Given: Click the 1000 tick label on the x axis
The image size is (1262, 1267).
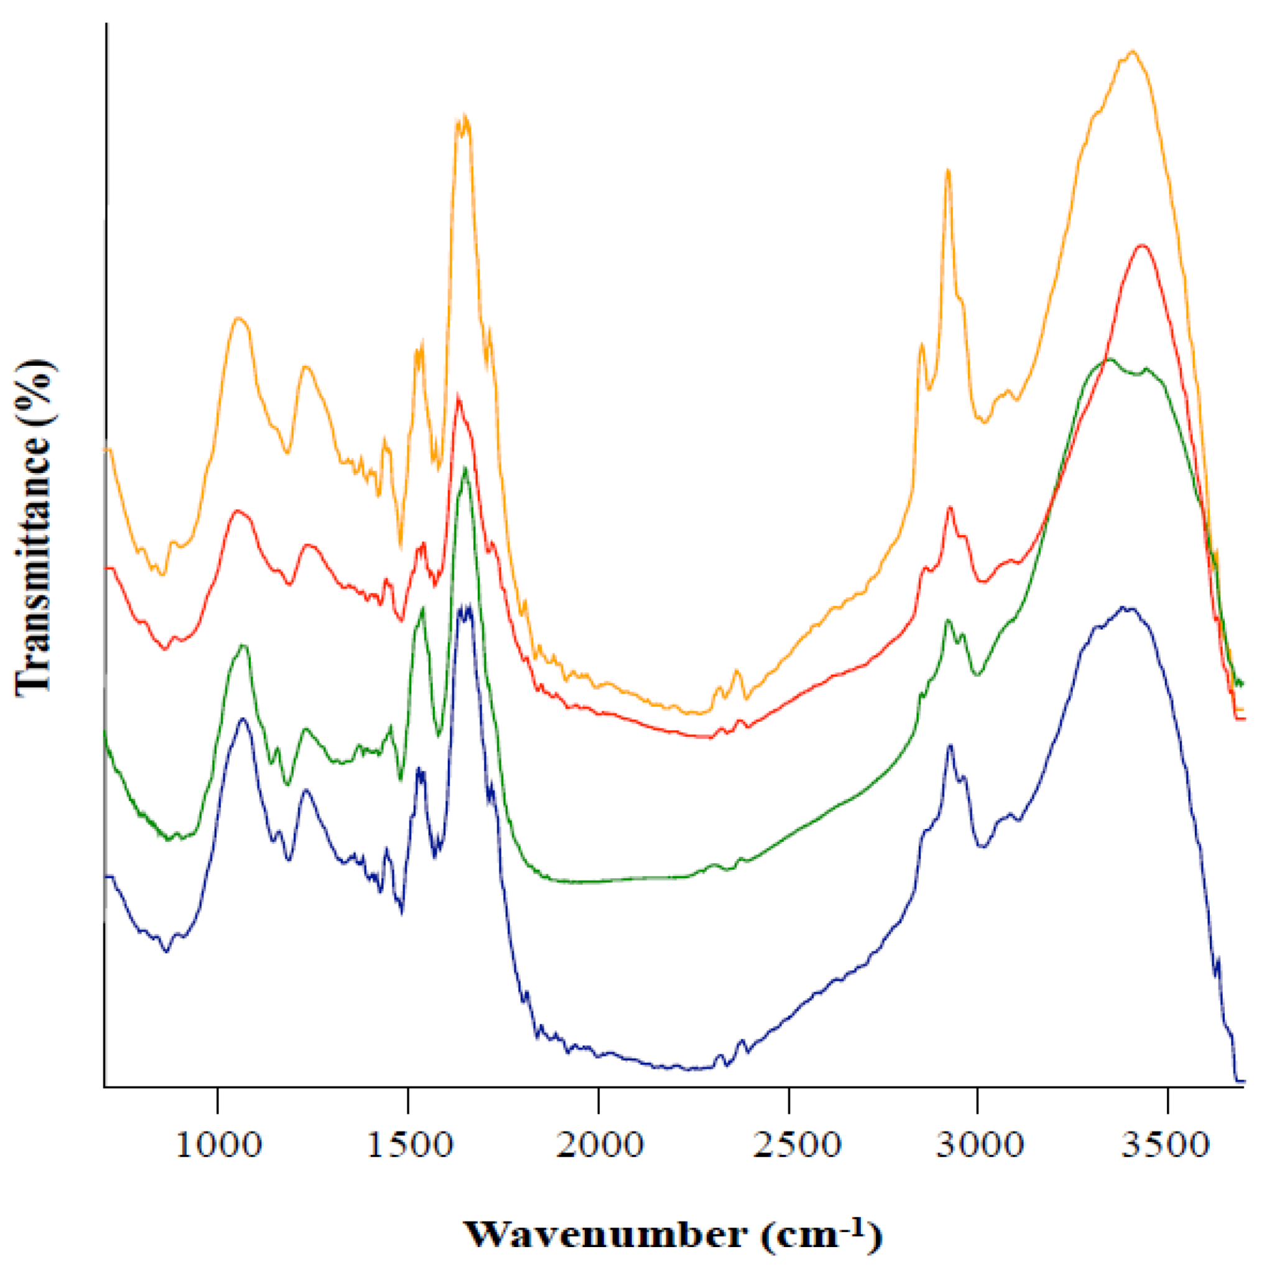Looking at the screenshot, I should tap(218, 1145).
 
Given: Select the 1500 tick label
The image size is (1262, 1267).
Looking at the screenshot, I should tap(409, 1145).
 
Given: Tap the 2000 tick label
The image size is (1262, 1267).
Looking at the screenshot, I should tap(599, 1145).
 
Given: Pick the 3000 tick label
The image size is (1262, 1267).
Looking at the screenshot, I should tap(979, 1145).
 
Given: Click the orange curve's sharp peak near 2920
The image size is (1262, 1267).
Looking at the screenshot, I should tap(947, 171).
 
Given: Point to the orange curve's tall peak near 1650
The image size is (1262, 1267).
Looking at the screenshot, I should tap(465, 117).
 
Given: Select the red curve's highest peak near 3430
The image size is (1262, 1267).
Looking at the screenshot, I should tap(1142, 246).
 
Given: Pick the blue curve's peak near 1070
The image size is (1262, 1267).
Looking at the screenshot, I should tap(243, 719).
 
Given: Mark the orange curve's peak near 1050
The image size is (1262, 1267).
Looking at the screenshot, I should tap(239, 319).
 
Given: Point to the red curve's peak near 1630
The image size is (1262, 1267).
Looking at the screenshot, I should tap(458, 398).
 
